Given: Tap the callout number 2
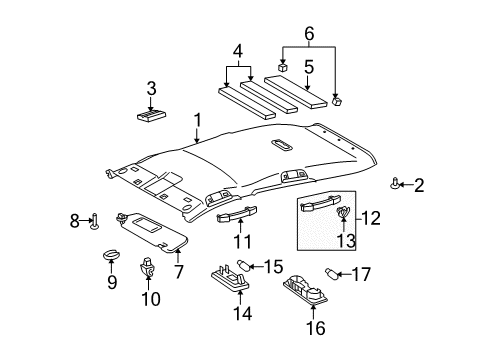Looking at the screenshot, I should coord(419,184).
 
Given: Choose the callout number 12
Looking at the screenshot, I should coord(371,216).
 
